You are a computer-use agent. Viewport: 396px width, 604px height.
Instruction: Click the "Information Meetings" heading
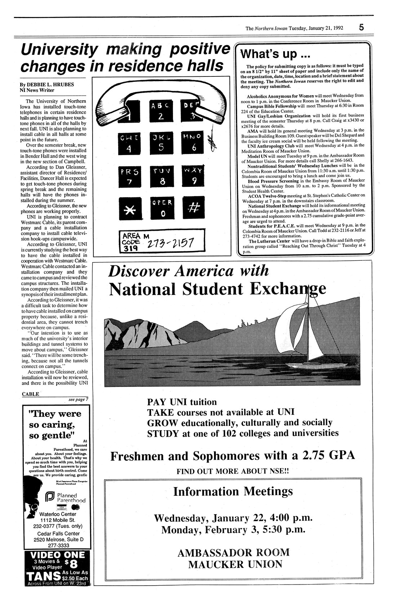(233, 491)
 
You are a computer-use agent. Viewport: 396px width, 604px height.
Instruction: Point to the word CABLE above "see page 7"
(30, 394)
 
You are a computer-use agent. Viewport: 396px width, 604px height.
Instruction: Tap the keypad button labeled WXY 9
(194, 176)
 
